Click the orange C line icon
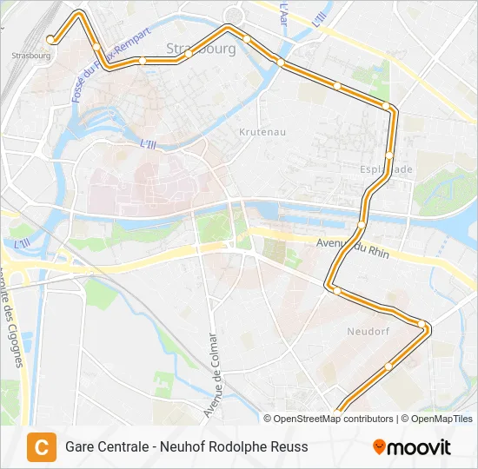pyautogui.click(x=41, y=447)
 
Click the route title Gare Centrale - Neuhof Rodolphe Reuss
pyautogui.click(x=186, y=447)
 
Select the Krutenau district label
pyautogui.click(x=262, y=132)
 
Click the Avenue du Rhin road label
pyautogui.click(x=353, y=248)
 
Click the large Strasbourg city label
pyautogui.click(x=201, y=49)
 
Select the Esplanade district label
pyautogui.click(x=387, y=169)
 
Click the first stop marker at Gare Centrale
pyautogui.click(x=51, y=39)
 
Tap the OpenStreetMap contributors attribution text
pyautogui.click(x=330, y=419)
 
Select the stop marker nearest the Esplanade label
pyautogui.click(x=389, y=155)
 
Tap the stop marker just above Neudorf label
pyautogui.click(x=337, y=290)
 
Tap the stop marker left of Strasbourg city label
pyautogui.click(x=142, y=60)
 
